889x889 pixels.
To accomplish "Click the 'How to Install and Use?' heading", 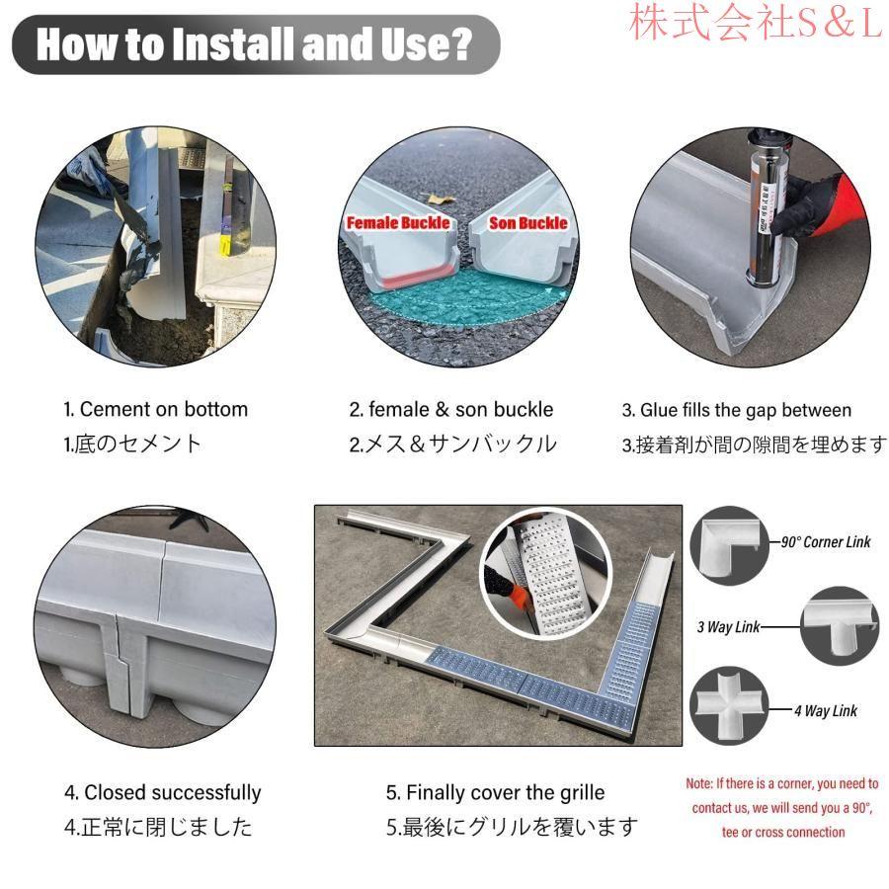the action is (254, 44).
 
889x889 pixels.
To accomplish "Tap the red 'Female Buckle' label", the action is (398, 223).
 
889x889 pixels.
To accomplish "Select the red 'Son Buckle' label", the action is (527, 223).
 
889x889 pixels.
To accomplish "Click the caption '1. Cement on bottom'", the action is (156, 409).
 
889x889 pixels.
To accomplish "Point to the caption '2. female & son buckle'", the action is (451, 409).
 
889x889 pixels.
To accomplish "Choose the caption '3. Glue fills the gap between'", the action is (737, 410).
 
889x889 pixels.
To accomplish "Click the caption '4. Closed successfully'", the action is (163, 792).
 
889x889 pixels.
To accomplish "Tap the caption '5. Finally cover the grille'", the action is (496, 792).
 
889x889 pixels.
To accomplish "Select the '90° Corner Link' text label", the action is (826, 542).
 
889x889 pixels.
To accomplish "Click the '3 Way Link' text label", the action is (728, 627).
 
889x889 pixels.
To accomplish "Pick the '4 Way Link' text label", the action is (826, 711).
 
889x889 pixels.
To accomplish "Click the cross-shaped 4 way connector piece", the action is (728, 706).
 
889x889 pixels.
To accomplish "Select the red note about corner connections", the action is (782, 808).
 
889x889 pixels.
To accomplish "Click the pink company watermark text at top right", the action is (757, 23).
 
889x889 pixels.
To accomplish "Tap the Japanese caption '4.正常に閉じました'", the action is (158, 827).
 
